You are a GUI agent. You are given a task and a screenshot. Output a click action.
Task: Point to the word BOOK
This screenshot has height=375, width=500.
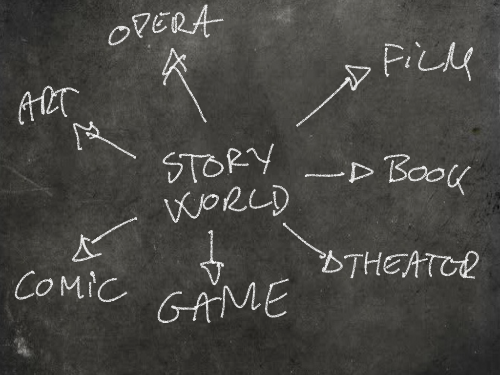(424, 173)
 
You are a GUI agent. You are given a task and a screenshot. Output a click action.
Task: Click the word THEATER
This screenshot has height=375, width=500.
(405, 264)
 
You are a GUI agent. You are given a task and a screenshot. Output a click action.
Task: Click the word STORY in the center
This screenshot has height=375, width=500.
(218, 163)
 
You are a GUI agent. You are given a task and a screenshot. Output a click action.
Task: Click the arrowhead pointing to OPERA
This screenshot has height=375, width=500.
(174, 63)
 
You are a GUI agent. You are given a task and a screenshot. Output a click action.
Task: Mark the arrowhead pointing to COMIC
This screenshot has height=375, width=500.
(84, 250)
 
